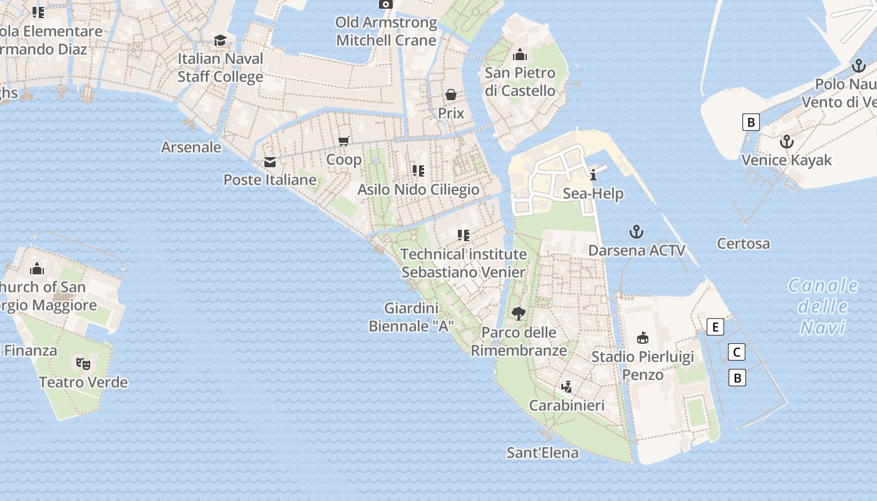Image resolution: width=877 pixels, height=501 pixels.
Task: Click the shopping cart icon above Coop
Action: pyautogui.click(x=343, y=141)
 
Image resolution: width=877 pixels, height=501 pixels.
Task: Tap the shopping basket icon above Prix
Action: pyautogui.click(x=450, y=95)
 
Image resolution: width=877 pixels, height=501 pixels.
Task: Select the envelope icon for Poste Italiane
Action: pyautogui.click(x=270, y=162)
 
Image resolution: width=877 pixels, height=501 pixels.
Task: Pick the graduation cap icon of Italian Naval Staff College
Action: pyautogui.click(x=220, y=41)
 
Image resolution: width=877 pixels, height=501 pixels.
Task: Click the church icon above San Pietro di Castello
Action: pyautogui.click(x=519, y=55)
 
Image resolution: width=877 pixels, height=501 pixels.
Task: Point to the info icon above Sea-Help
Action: pyautogui.click(x=593, y=175)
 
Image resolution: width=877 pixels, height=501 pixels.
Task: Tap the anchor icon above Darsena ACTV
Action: pyautogui.click(x=636, y=232)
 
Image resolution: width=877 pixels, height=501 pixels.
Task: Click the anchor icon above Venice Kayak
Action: pyautogui.click(x=787, y=142)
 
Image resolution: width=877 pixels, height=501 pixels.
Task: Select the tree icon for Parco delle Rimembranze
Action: pyautogui.click(x=518, y=314)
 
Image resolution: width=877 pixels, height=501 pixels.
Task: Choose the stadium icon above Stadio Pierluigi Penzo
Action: pyautogui.click(x=643, y=338)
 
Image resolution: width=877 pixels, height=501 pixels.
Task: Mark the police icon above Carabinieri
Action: pyautogui.click(x=567, y=386)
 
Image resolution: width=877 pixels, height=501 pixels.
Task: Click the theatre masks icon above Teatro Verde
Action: pyautogui.click(x=83, y=363)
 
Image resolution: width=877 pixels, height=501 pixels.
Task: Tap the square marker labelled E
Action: pyautogui.click(x=715, y=327)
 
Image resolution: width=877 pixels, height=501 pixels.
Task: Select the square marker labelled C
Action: pyautogui.click(x=737, y=353)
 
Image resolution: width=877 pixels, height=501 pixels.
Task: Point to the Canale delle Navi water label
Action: pyautogui.click(x=823, y=306)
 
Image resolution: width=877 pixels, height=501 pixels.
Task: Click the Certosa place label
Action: pyautogui.click(x=744, y=244)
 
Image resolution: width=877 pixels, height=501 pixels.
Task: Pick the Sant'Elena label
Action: pyautogui.click(x=542, y=452)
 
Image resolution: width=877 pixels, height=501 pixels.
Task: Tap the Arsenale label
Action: pyautogui.click(x=191, y=147)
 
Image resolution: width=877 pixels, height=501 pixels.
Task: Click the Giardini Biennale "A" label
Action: pyautogui.click(x=411, y=317)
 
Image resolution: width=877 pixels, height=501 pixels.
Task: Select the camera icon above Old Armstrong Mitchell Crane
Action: pyautogui.click(x=386, y=4)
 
